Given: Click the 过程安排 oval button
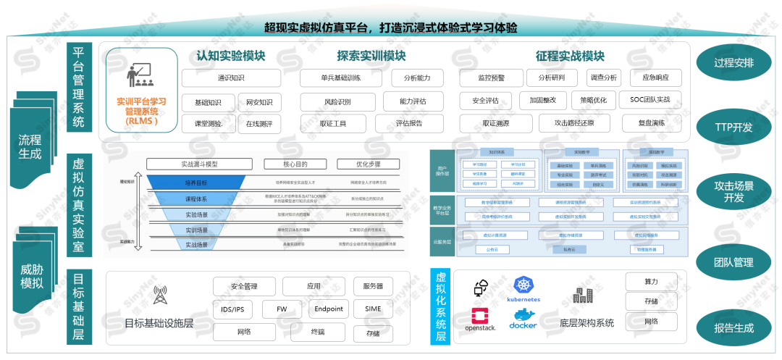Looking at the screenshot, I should point(733,63).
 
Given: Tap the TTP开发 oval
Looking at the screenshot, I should point(733,127).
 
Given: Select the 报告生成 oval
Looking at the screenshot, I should point(733,328).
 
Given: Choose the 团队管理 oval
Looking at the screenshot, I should point(733,261).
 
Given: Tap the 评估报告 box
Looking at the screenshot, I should point(409,123).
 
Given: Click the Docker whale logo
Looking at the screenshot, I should point(524,319).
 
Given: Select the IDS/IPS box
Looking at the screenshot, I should point(232,309).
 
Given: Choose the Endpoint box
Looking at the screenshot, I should point(329,309).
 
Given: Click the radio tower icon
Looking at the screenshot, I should point(159,296).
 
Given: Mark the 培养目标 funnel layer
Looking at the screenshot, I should point(195,183).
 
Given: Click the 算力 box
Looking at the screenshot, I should point(651,282).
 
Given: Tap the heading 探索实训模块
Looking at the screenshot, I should point(371,56).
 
